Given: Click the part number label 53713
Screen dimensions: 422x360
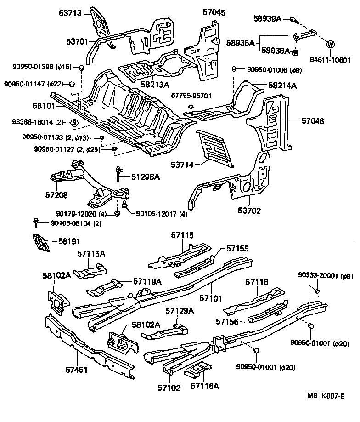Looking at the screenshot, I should tap(70, 13).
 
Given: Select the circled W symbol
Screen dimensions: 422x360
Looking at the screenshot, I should tap(331, 45).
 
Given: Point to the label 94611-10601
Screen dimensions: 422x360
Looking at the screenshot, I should tap(330, 59).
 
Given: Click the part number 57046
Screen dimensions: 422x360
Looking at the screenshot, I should tap(313, 121).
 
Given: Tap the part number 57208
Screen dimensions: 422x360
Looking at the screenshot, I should tap(56, 195).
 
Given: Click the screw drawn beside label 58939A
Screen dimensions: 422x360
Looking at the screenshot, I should tap(292, 19).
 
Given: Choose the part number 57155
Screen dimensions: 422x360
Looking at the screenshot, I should tap(237, 248).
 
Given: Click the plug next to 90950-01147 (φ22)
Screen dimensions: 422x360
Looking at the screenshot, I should tap(72, 84).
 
